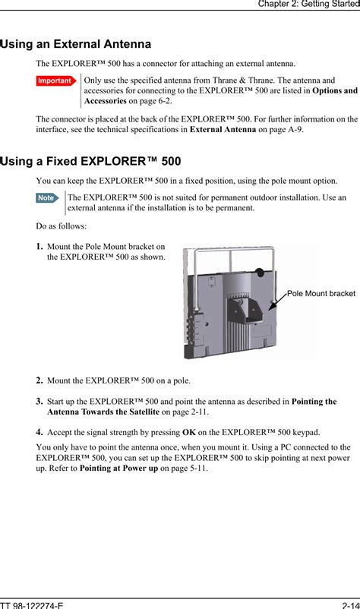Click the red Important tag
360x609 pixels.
[56, 80]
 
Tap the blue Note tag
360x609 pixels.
[47, 197]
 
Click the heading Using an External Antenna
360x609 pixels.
[76, 44]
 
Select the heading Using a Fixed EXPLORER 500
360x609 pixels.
[90, 161]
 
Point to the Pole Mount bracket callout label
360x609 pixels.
[321, 294]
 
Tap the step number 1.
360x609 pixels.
[39, 247]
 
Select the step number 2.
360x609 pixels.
[39, 380]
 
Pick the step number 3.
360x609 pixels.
[39, 402]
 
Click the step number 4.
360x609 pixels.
[39, 432]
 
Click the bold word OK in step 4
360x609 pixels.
[189, 432]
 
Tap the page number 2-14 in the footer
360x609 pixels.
[351, 605]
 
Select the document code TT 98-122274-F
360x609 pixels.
[32, 605]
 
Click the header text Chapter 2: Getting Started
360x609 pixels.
[309, 4]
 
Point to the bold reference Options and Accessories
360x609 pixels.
[221, 96]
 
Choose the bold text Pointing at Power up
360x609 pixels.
[118, 469]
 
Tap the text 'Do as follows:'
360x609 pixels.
[62, 226]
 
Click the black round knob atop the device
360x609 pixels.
[260, 273]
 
